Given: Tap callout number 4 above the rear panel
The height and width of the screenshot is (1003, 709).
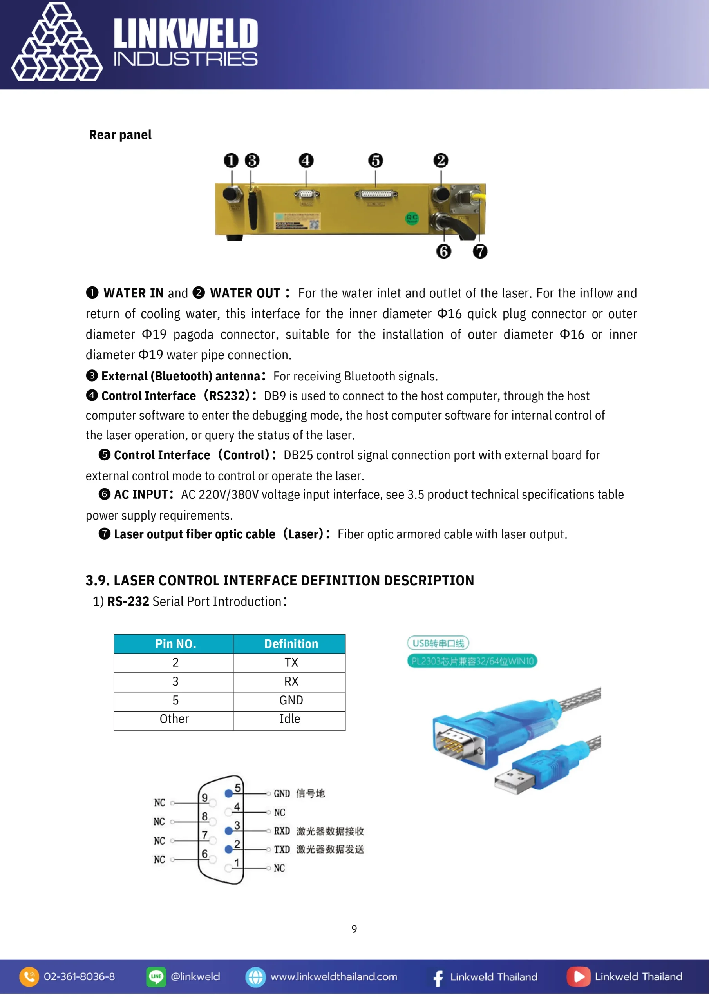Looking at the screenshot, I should (306, 160).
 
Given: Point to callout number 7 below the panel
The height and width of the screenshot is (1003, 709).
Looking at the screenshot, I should (480, 252).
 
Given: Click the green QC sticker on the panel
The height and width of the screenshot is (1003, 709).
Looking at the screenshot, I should (412, 217).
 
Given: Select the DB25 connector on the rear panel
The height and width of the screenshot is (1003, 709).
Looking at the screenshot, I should (376, 194).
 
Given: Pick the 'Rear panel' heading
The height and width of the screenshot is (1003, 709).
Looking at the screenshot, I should (120, 135).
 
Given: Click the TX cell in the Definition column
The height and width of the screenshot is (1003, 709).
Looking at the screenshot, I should (291, 663).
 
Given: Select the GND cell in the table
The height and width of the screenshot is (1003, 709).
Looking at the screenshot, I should (291, 700).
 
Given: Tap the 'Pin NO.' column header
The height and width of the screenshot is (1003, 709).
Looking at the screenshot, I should (175, 644).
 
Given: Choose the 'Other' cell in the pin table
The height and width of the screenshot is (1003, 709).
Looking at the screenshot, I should (174, 719).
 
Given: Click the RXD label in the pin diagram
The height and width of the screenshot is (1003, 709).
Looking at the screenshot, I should (282, 831).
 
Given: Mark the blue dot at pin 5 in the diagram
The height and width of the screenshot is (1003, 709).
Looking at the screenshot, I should (228, 793).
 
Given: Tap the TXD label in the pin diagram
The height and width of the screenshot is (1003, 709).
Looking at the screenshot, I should (282, 850).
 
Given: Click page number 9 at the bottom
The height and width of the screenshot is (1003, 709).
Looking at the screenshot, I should (354, 929).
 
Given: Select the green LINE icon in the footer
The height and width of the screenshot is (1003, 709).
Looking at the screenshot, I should (156, 977).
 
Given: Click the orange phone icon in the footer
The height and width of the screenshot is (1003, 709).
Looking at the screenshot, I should (29, 977).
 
